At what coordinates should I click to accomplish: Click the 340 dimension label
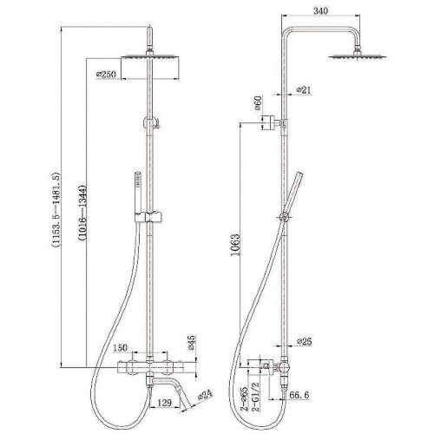321,11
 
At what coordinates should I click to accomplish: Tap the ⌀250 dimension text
106,75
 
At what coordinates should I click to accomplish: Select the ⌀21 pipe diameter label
304,90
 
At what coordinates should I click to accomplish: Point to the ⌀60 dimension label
258,103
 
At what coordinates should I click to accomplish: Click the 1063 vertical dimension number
236,245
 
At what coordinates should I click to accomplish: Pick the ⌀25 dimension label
305,341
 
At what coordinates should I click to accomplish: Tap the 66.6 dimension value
299,395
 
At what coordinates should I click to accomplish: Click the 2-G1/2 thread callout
255,396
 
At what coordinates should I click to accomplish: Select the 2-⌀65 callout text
245,398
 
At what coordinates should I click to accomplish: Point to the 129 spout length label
164,403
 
